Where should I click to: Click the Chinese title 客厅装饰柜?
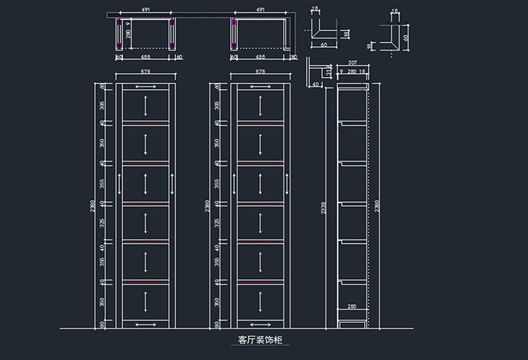[x=258, y=340]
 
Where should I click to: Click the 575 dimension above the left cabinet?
[x=146, y=72]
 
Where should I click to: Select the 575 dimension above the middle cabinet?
[x=260, y=72]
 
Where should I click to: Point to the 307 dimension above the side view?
[x=352, y=63]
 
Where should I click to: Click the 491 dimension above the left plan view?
[x=145, y=10]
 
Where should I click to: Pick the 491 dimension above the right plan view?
[x=260, y=10]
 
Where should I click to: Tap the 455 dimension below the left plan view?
[x=146, y=56]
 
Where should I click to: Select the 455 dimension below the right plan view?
[x=260, y=56]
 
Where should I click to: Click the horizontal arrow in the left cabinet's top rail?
[x=146, y=88]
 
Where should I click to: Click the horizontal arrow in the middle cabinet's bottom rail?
[x=260, y=323]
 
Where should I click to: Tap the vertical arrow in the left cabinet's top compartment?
[x=146, y=105]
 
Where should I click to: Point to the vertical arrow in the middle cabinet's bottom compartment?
[x=260, y=302]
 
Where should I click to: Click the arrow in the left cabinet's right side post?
[x=173, y=184]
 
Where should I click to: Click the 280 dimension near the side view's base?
[x=351, y=306]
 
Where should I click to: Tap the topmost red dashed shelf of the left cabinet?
[x=146, y=122]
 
